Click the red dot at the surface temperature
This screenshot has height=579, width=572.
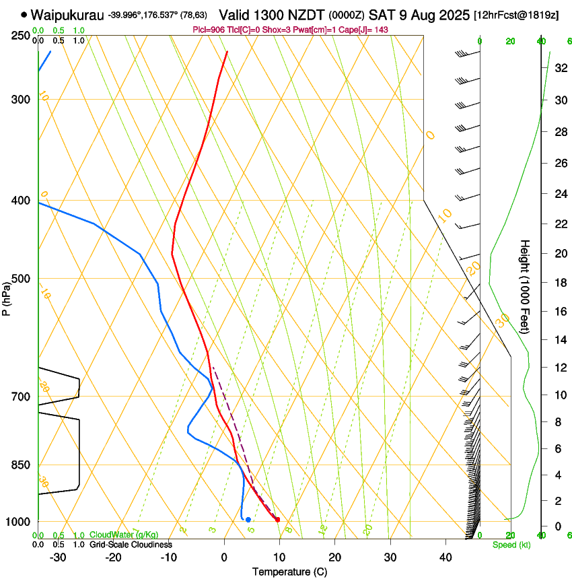[x=277, y=519]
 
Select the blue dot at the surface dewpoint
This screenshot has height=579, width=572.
[x=248, y=519]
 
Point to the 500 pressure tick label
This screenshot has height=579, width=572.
[x=20, y=279]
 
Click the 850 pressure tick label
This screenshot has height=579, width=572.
[x=20, y=465]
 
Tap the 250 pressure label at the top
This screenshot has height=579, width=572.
[x=20, y=36]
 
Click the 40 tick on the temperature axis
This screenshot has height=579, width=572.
[x=445, y=557]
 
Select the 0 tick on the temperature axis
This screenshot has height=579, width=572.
[x=225, y=557]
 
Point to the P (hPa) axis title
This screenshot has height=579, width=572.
[x=6, y=297]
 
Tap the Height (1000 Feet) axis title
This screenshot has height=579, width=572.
[x=526, y=285]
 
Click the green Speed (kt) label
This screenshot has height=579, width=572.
[x=511, y=545]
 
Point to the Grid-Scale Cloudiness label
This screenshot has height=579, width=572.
[x=131, y=545]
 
